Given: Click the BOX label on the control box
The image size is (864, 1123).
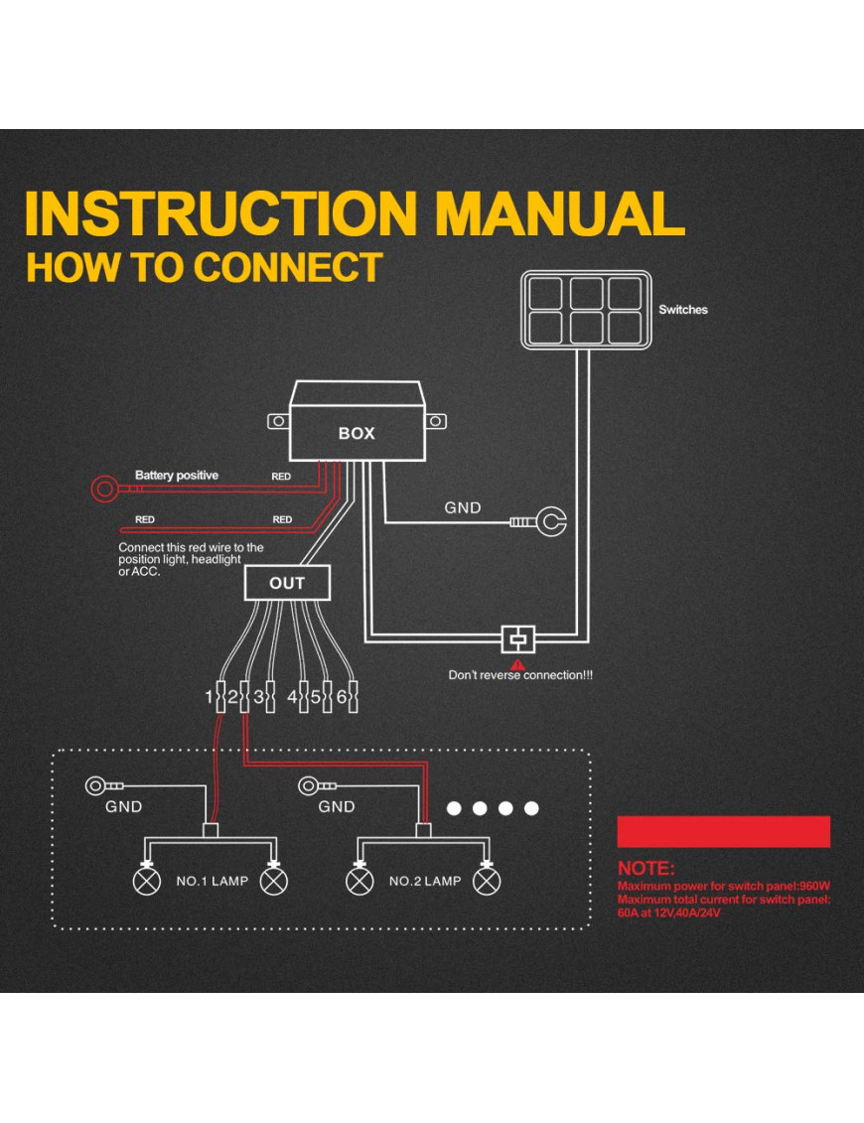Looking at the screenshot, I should pos(357,434).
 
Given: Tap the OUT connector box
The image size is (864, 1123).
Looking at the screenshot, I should pos(287,583).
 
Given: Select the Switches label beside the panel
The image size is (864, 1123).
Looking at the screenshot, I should pos(683,310).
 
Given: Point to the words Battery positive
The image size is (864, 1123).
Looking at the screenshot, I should pos(177,476).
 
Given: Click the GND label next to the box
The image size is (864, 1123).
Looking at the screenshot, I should pos(462,507).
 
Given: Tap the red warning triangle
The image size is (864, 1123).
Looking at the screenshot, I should pos(517,663).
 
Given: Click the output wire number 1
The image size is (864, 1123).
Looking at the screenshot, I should pos(210,697).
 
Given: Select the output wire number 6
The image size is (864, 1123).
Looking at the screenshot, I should pos(341,697).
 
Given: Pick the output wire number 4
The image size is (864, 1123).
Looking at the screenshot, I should pos(292,697).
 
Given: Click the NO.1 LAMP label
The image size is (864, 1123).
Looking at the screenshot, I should pos(212,881).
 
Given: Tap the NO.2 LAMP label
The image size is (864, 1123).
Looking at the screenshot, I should pos(425,881).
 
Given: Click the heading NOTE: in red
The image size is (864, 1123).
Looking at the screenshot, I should pos(646,869).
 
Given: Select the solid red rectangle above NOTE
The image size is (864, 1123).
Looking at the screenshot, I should pos(723,831).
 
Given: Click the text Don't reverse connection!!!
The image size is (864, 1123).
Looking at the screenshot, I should pos(520,675).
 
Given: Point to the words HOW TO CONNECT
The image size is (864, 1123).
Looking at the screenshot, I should pos(205,268).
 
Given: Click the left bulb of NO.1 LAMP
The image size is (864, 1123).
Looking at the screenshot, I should pos(147,880).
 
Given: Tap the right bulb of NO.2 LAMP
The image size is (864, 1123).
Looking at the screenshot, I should pos(486,880).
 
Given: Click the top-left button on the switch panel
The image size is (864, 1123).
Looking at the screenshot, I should pos(545,293).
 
